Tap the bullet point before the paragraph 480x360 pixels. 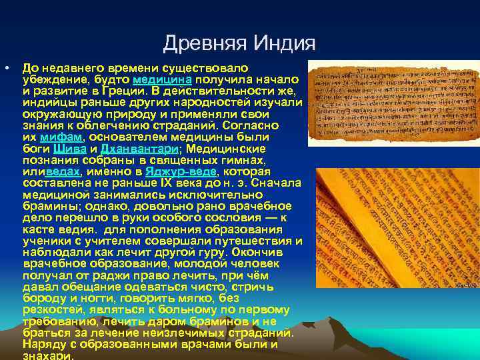point(6,68)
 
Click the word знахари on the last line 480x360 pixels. point(47,356)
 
